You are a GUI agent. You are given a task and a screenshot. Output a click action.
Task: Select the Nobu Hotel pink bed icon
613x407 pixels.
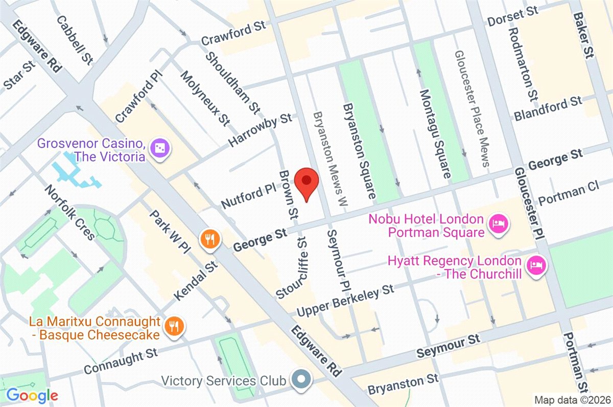coord(498,224)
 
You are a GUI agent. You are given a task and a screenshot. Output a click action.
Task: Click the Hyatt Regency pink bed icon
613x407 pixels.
coord(536,264)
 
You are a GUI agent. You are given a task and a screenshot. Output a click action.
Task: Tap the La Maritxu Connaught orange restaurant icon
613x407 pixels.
coord(174,326)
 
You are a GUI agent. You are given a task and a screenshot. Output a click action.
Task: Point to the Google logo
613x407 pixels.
coord(32,395)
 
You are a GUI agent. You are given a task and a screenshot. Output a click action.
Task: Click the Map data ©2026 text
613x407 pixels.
coord(572,399)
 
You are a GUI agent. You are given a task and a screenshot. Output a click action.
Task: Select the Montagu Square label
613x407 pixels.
coord(434,133)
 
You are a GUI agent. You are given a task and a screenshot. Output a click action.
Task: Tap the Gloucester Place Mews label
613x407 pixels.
coord(473,108)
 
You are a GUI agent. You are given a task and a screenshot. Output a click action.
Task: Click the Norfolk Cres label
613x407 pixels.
coord(70,212)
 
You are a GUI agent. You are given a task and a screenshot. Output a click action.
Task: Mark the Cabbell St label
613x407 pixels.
coord(75,40)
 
